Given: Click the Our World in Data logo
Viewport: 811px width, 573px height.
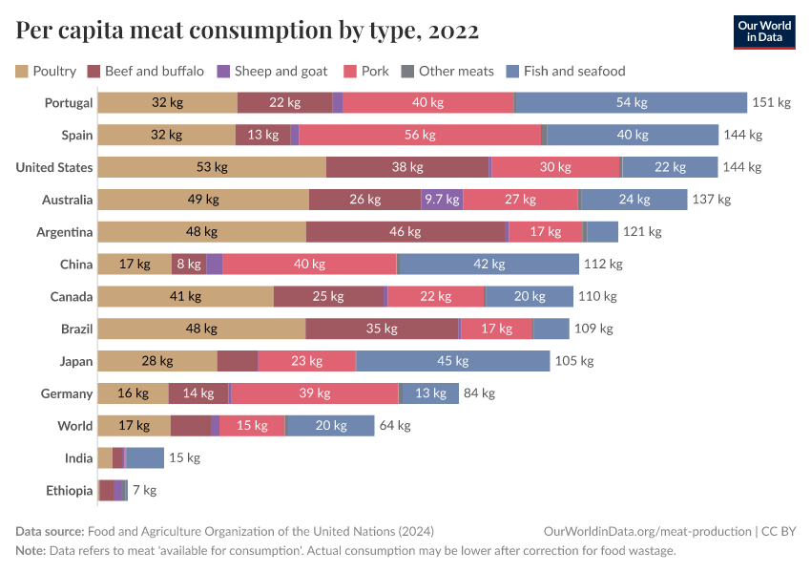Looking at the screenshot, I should point(764,32).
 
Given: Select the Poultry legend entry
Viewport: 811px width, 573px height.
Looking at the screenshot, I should point(46,71).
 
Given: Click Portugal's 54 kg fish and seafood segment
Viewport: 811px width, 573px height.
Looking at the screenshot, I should point(631,103).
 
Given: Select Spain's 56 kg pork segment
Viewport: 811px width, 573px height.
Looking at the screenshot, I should point(420,136).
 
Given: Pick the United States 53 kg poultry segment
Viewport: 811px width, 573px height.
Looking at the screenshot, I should point(212,168).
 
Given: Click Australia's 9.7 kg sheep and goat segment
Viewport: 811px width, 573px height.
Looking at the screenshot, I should point(442,200).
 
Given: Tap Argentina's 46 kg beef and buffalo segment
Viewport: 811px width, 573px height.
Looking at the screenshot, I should point(405,232).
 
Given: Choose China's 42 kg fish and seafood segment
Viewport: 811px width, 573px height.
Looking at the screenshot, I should point(488,265).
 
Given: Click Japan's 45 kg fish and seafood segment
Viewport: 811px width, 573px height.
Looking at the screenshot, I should point(452,361).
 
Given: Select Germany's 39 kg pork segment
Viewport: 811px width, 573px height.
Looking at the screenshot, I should point(315,393).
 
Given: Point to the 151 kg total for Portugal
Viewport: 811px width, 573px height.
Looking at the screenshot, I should point(771,103).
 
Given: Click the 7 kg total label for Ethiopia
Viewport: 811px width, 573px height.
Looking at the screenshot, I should point(143,491).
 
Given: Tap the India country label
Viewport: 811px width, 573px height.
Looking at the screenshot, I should point(78,458).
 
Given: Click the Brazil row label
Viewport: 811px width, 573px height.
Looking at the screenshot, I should point(76,329).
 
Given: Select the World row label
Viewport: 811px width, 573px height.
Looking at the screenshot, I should point(74,426).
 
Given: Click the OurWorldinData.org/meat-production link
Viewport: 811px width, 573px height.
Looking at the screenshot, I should point(646,532).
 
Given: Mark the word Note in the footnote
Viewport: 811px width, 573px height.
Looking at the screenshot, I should point(31,551).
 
